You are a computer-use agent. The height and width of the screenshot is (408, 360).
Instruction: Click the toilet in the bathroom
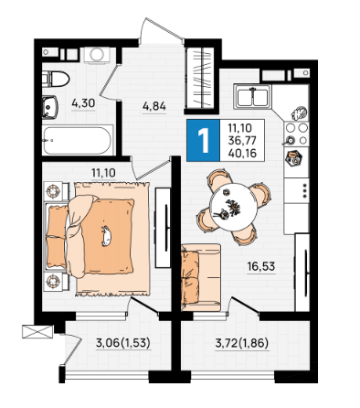(x=56, y=80)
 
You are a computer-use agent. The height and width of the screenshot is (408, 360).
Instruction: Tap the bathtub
(x=78, y=140)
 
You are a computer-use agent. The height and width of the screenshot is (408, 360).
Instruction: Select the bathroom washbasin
(x=49, y=107)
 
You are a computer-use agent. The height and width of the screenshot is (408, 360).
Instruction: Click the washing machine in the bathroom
(x=97, y=55)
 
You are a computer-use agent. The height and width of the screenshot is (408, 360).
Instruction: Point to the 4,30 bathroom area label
(x=83, y=103)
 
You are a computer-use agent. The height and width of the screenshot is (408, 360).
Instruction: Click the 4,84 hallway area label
(x=154, y=106)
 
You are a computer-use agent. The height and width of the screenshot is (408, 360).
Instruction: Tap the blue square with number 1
(x=203, y=140)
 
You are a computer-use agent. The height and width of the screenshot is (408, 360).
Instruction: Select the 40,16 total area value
(x=242, y=153)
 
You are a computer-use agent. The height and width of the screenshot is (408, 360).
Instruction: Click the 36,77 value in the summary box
(x=242, y=141)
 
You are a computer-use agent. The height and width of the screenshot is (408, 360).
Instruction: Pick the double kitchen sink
(x=252, y=97)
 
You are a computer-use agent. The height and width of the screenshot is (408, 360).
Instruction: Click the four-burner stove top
(x=296, y=134)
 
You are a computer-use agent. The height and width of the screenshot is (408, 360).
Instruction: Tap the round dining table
(x=235, y=207)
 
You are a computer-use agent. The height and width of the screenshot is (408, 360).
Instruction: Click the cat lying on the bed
(x=106, y=236)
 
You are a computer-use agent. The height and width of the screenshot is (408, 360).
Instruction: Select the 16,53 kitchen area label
(x=261, y=266)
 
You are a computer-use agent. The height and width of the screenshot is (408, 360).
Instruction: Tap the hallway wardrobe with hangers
(x=199, y=78)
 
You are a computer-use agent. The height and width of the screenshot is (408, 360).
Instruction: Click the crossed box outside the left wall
(x=37, y=331)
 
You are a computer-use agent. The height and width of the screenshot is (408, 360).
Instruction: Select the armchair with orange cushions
(x=201, y=277)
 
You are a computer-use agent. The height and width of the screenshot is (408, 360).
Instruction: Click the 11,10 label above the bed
(x=103, y=173)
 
